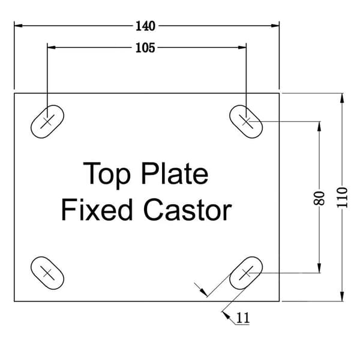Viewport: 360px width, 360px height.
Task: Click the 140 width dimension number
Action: click(x=145, y=26)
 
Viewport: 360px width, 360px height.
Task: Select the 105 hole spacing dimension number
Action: click(x=145, y=48)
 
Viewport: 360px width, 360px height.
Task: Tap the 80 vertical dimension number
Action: click(x=319, y=198)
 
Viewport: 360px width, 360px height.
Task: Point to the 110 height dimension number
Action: click(x=342, y=197)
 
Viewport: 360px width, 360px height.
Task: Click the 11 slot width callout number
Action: click(x=242, y=318)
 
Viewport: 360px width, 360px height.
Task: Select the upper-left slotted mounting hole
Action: click(x=47, y=121)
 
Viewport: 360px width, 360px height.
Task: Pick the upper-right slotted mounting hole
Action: click(x=246, y=121)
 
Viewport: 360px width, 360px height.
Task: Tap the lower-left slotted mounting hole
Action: click(x=47, y=273)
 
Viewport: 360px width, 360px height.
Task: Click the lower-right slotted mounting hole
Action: click(x=246, y=273)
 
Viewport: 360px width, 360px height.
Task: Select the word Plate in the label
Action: click(x=175, y=173)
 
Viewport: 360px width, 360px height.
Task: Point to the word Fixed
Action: click(x=97, y=209)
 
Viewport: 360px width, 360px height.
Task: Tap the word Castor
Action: click(x=188, y=210)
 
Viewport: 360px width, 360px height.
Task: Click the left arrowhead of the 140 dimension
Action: click(x=19, y=25)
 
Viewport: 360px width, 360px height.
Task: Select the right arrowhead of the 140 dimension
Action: click(x=275, y=25)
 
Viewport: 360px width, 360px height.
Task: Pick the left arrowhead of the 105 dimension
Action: click(x=52, y=47)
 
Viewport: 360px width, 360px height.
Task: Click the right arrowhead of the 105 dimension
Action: click(x=242, y=47)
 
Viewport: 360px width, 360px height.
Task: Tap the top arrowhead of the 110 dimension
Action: click(x=342, y=98)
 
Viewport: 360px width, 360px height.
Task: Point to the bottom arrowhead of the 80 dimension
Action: click(x=319, y=268)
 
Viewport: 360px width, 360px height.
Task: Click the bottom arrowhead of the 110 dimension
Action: click(x=342, y=296)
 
